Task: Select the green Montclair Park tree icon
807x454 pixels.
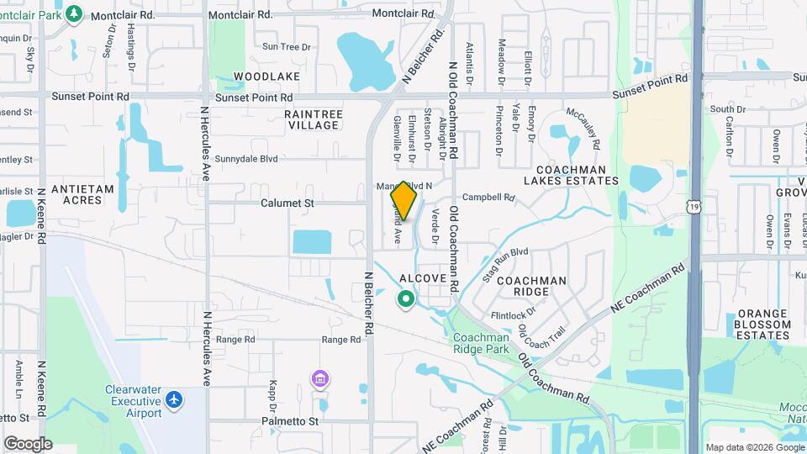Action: tap(74, 13)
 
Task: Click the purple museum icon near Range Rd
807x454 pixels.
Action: tap(319, 379)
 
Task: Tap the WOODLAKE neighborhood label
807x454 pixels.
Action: tap(266, 77)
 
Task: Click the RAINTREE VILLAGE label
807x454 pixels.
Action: tap(311, 119)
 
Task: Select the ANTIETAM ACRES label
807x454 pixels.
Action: tap(82, 195)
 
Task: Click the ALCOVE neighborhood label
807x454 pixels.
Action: tap(422, 278)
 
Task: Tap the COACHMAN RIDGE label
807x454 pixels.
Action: tap(531, 286)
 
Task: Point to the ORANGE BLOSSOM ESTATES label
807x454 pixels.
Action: tap(762, 324)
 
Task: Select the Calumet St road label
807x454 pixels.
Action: tap(287, 203)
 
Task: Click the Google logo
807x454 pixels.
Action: tap(28, 443)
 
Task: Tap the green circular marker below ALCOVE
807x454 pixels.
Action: tap(406, 298)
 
